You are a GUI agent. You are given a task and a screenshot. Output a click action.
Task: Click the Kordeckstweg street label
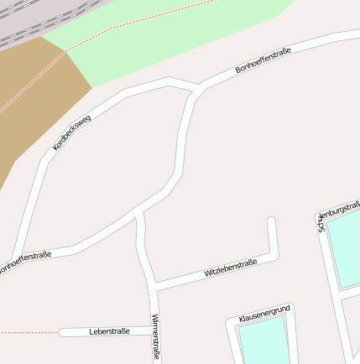click(x=71, y=132)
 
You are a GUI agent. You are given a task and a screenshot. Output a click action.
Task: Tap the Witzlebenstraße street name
click(x=230, y=268)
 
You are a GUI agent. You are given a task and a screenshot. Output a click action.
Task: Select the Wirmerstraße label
click(x=155, y=337)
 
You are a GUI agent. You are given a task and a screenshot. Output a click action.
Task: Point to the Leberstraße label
click(x=109, y=332)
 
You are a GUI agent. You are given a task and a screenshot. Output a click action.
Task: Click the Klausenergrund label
click(x=264, y=315)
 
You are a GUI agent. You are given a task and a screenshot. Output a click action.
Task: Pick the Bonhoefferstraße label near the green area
click(x=263, y=62)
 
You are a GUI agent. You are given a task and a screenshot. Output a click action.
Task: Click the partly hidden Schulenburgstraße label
click(x=339, y=214)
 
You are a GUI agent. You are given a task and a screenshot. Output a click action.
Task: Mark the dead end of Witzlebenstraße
click(x=271, y=222)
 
